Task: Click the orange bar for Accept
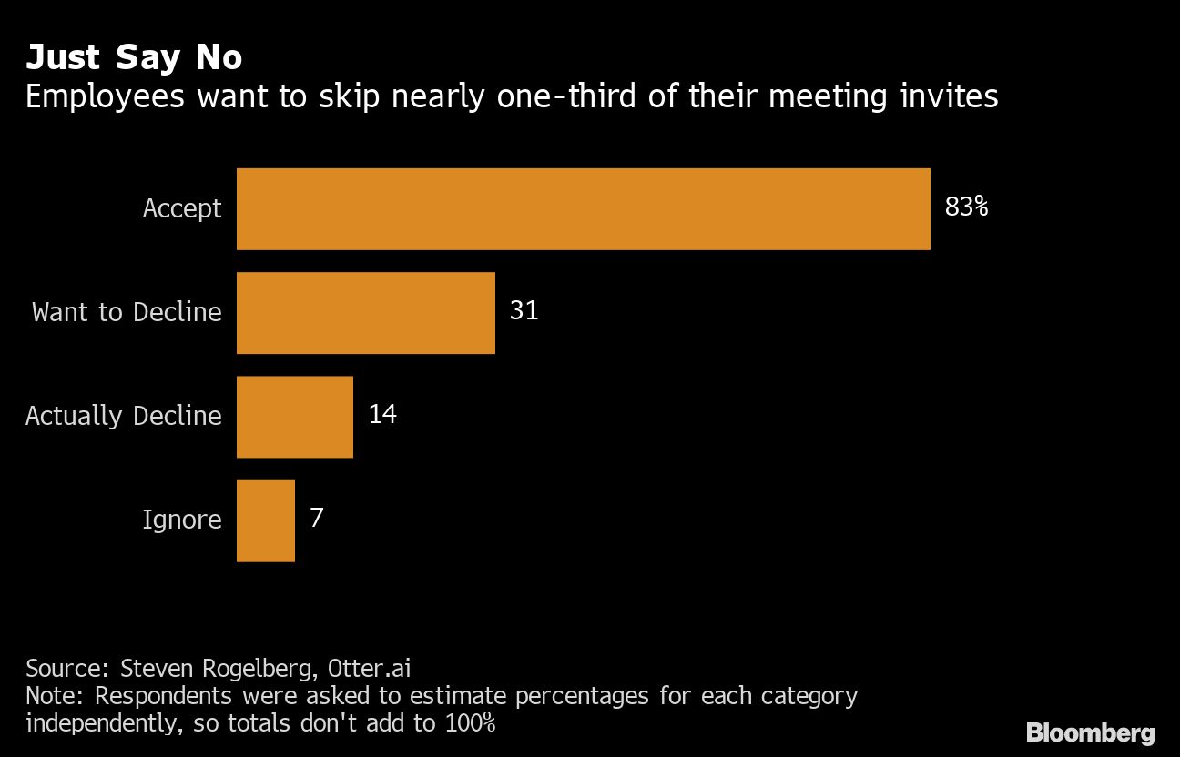pos(583,208)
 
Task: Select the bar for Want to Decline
pos(365,312)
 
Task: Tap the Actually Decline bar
pos(294,416)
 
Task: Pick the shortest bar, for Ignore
pos(265,520)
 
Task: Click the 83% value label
pos(966,207)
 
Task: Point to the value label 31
pos(524,311)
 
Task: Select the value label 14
pos(382,415)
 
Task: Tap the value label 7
pos(317,519)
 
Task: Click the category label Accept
pos(182,209)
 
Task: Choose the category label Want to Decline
pos(127,312)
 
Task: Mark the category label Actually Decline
pos(124,416)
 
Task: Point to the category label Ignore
pos(182,520)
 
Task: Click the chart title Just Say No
pos(134,57)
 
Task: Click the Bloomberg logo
pos(1090,733)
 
